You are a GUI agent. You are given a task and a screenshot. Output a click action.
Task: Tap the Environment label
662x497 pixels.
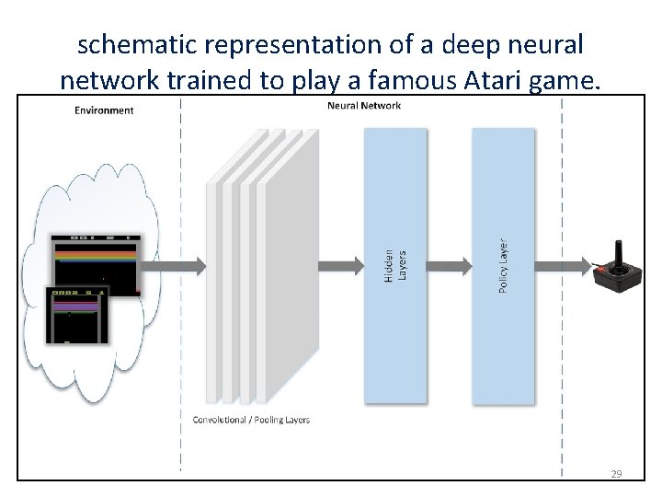104,110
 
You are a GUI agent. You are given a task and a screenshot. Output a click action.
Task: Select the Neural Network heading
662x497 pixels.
364,106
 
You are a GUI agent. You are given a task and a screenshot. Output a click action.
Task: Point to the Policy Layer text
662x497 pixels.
503,267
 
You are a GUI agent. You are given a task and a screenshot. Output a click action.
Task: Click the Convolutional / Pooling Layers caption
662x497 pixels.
251,420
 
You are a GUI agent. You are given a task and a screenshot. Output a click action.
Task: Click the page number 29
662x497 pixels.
616,474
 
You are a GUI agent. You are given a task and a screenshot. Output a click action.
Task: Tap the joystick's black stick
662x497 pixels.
619,253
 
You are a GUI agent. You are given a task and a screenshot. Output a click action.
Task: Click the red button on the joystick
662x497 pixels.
602,269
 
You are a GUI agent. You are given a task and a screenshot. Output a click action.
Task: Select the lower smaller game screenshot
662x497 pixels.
77,313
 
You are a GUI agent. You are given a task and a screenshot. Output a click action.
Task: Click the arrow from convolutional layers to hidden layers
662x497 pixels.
340,266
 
